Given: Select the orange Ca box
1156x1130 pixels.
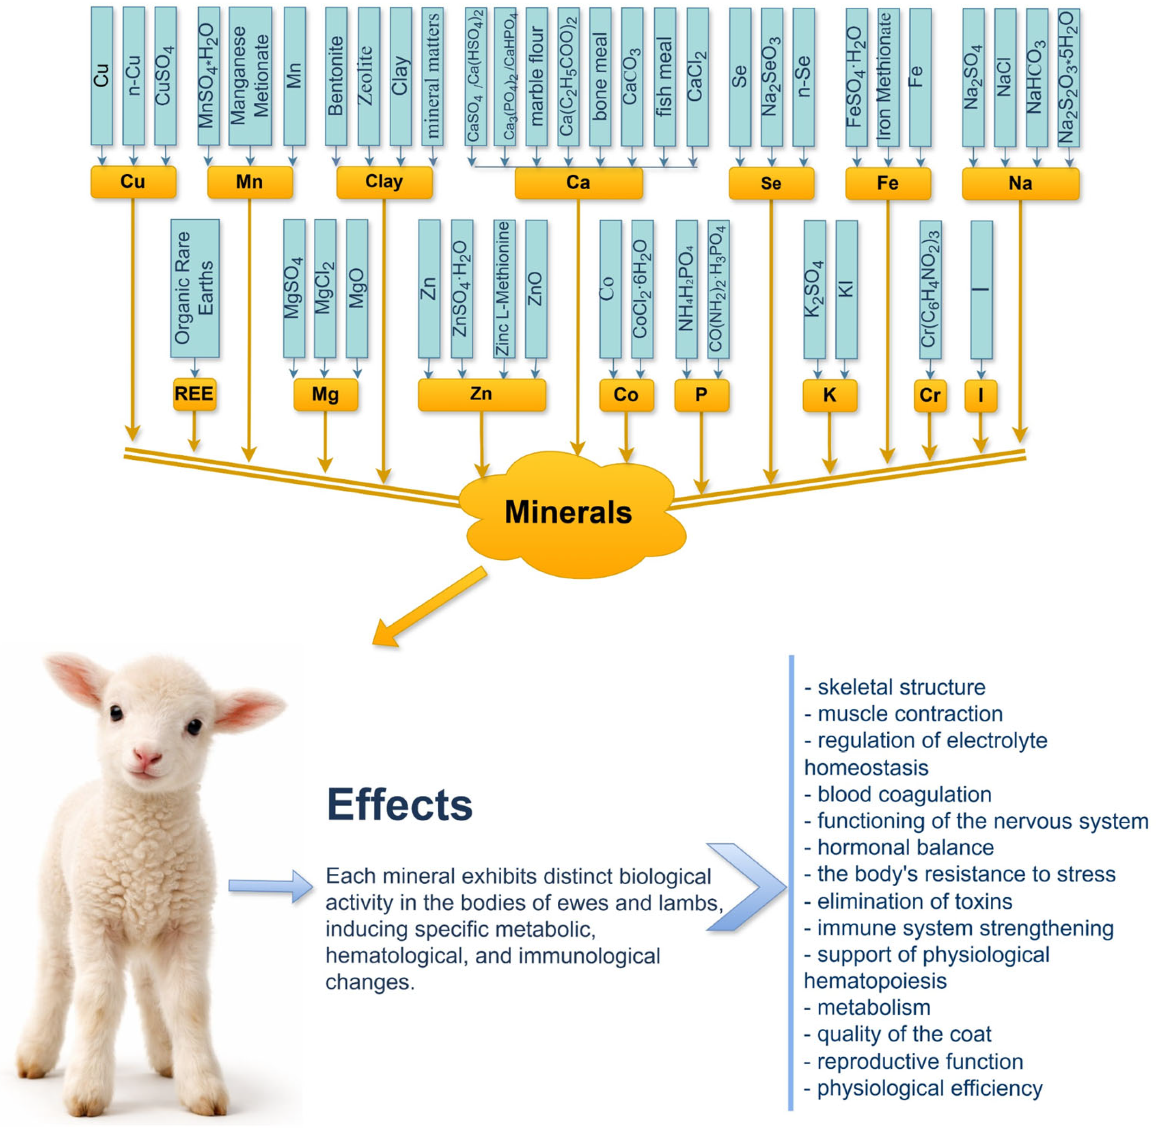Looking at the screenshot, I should pos(578,183).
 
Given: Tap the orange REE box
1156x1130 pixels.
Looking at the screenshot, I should pos(194,394).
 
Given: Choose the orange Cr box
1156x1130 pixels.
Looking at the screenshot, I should pos(930,395).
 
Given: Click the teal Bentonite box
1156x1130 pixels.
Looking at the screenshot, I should pos(336,76).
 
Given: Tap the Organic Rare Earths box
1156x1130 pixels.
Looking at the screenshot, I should pos(194,288).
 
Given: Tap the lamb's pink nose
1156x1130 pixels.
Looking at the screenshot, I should pos(147,757).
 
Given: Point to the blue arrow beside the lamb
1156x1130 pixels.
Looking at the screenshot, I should pos(270,886).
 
